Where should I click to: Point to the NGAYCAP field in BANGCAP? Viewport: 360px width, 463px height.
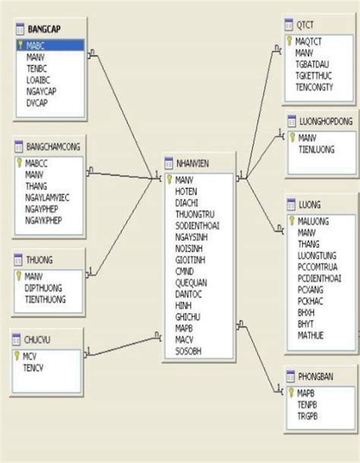point(41,90)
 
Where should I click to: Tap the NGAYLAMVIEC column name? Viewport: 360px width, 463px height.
point(47,197)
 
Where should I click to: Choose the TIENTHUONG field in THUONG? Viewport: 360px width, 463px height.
point(45,299)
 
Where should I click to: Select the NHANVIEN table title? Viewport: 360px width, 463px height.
point(193,163)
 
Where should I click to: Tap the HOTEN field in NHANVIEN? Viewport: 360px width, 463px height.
point(186,191)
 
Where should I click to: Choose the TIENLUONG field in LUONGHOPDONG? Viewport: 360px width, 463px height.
point(316,150)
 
